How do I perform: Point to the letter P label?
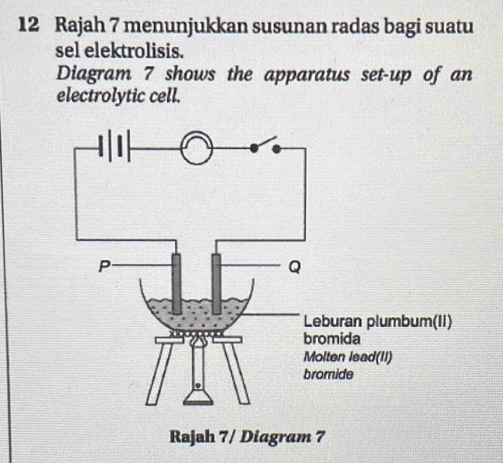coord(105,263)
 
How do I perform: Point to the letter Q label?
coord(293,267)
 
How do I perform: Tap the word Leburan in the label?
coord(332,322)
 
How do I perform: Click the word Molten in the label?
coord(323,355)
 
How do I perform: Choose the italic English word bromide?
coord(328,372)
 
